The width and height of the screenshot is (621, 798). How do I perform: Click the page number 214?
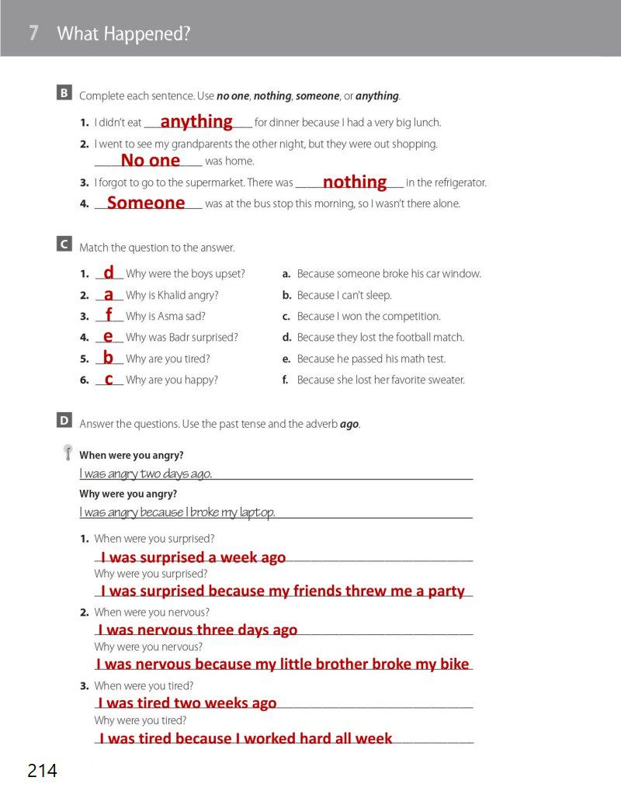(42, 771)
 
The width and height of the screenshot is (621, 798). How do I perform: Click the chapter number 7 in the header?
(33, 33)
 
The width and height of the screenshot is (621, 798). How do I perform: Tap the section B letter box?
(64, 93)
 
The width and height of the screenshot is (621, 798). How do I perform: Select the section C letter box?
(64, 245)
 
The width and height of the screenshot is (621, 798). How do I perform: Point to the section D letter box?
(64, 421)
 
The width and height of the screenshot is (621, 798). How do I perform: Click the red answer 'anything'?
(196, 122)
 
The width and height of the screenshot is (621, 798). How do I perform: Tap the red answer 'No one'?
(151, 161)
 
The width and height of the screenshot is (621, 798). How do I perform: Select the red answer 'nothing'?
(355, 182)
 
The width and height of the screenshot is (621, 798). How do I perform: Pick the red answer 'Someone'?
(146, 203)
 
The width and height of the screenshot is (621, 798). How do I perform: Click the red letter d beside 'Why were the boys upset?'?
(109, 272)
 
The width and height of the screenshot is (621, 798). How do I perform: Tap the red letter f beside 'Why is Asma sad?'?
(109, 314)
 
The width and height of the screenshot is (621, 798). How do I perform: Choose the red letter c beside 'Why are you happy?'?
(109, 379)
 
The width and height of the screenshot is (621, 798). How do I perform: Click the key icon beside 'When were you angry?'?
(68, 453)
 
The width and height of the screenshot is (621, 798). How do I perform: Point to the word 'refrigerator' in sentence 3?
(456, 183)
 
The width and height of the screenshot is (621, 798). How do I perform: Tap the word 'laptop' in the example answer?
(256, 512)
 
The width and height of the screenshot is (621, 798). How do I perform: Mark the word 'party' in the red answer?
(446, 591)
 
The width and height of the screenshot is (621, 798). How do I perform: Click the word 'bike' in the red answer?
(454, 664)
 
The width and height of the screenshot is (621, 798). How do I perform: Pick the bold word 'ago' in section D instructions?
(349, 425)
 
